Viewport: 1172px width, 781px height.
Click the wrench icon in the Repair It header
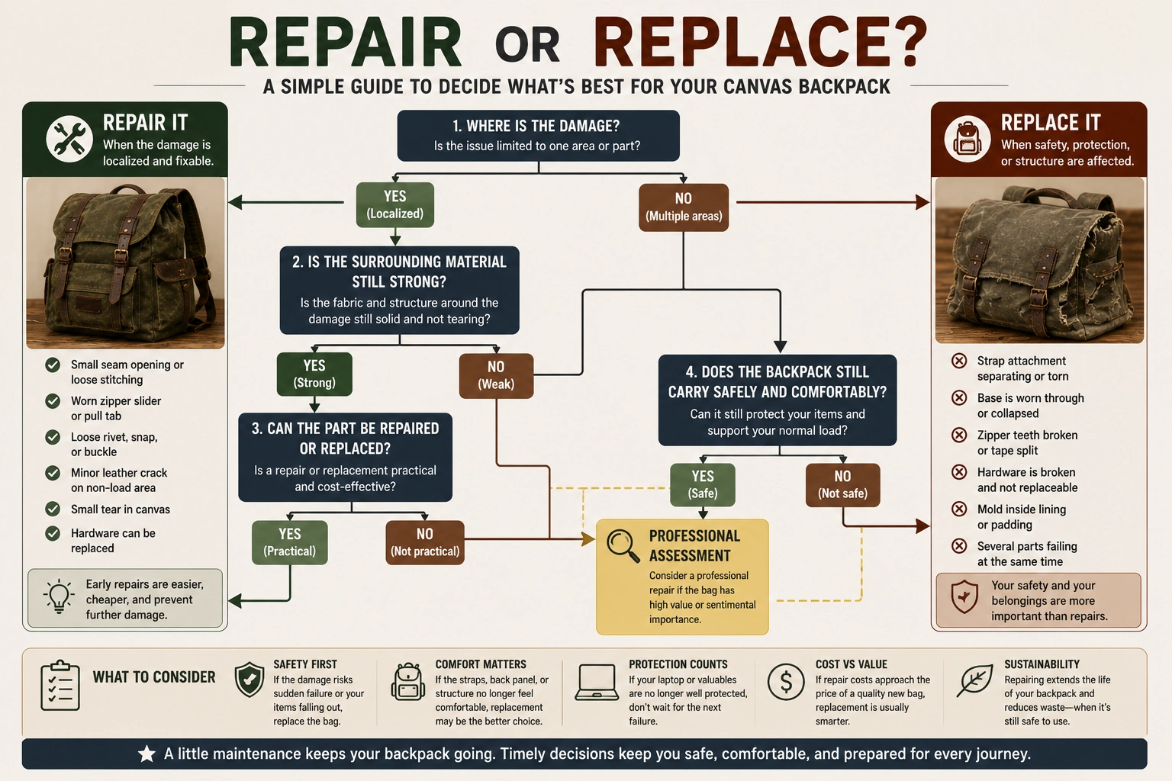point(69,139)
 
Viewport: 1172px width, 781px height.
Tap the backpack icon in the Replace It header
point(968,139)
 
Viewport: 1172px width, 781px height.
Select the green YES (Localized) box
point(395,204)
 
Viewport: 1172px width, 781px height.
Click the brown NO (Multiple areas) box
point(684,207)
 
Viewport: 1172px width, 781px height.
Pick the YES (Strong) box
point(314,374)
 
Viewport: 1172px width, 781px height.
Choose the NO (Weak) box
point(496,375)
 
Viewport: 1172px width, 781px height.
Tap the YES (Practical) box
point(290,542)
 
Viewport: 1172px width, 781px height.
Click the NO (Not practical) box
point(425,542)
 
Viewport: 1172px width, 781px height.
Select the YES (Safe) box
point(703,484)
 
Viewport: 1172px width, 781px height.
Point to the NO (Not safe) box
point(842,485)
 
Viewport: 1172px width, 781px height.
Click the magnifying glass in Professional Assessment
point(623,546)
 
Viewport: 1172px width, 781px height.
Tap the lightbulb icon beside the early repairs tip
point(59,596)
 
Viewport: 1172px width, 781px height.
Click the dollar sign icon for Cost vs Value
point(786,682)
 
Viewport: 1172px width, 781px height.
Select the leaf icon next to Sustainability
point(974,680)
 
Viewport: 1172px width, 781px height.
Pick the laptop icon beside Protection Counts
point(597,682)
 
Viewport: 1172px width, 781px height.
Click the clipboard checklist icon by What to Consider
point(60,685)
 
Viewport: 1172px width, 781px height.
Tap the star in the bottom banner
point(147,754)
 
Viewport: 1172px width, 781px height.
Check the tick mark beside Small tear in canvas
point(53,509)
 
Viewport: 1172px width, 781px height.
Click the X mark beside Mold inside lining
point(959,509)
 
